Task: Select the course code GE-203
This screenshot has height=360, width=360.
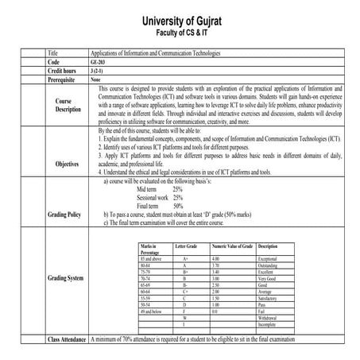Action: (99, 61)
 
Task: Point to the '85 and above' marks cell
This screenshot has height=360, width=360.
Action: (149, 259)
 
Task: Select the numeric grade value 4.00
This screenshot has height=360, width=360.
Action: (215, 259)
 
